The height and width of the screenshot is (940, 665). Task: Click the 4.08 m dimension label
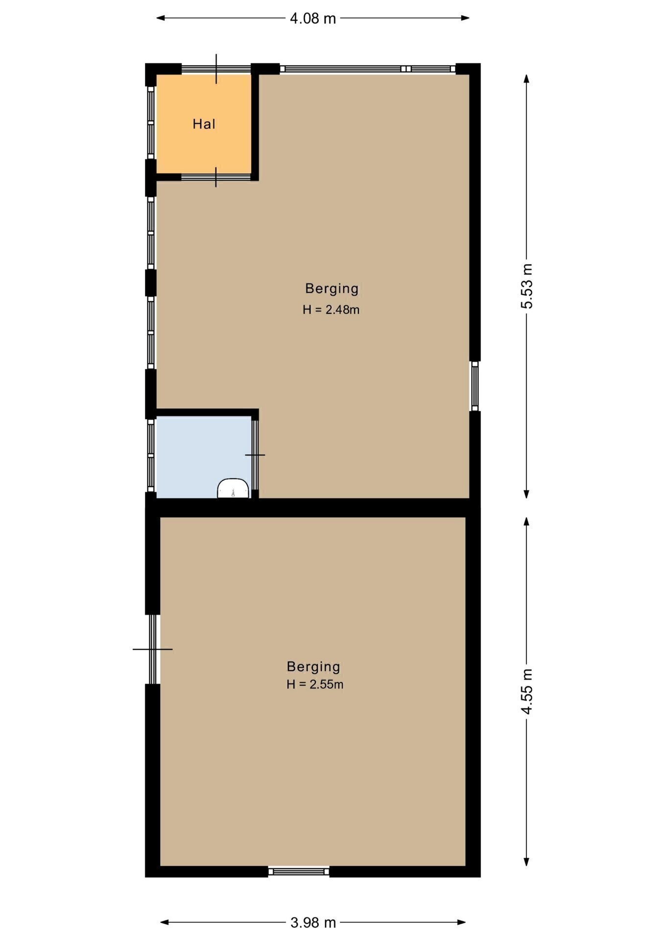pyautogui.click(x=313, y=19)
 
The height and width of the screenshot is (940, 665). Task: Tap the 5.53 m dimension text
pyautogui.click(x=527, y=286)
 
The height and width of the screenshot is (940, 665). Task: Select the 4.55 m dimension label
pyautogui.click(x=527, y=692)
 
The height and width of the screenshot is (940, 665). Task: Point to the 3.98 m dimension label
pyautogui.click(x=313, y=923)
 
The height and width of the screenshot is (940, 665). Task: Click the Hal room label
pyautogui.click(x=204, y=124)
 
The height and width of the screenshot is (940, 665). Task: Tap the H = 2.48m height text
pyautogui.click(x=331, y=309)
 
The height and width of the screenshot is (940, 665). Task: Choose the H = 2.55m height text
pyautogui.click(x=315, y=684)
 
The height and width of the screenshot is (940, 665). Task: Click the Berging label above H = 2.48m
pyautogui.click(x=332, y=289)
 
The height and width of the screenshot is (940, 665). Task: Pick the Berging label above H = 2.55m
pyautogui.click(x=313, y=667)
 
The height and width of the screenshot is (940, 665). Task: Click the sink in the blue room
pyautogui.click(x=233, y=489)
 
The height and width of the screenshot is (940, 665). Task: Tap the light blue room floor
pyautogui.click(x=203, y=455)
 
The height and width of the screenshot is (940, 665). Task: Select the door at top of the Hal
pyautogui.click(x=216, y=69)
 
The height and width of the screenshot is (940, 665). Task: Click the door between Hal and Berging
pyautogui.click(x=216, y=177)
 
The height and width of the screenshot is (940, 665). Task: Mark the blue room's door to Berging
pyautogui.click(x=255, y=455)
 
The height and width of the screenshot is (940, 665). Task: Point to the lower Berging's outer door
pyautogui.click(x=153, y=649)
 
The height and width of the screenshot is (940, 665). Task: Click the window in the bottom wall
pyautogui.click(x=299, y=871)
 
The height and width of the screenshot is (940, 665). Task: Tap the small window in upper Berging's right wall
pyautogui.click(x=475, y=386)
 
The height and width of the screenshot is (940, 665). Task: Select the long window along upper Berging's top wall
pyautogui.click(x=368, y=69)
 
